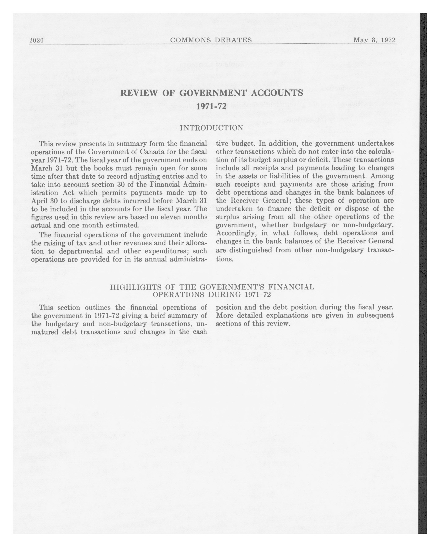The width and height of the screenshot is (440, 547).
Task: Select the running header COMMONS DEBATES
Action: coord(211,40)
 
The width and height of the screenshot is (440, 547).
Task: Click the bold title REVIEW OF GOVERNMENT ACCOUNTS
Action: coord(212,93)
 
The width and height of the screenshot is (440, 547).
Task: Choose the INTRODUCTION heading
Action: coord(212,128)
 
